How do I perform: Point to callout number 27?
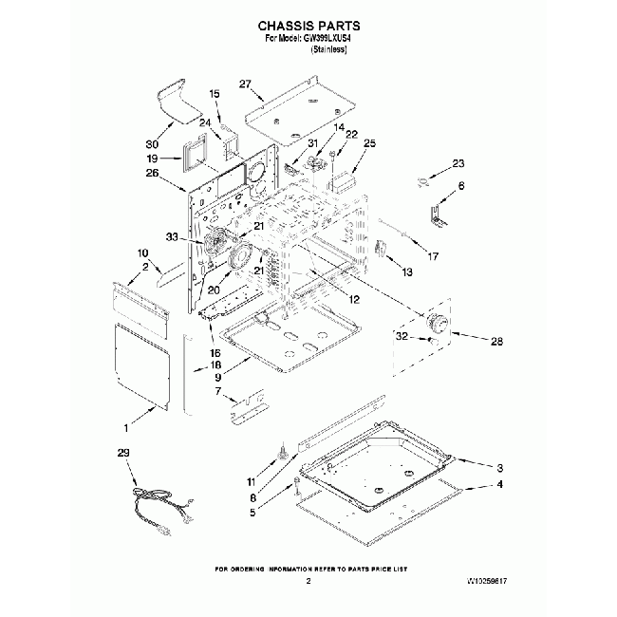point(245,84)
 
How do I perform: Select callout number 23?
point(458,163)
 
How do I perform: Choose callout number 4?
point(497,484)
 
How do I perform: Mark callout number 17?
point(433,255)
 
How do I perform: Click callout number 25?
point(369,143)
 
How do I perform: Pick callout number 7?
point(217,390)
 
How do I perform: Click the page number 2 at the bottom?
point(308,579)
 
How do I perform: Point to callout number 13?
point(407,272)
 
